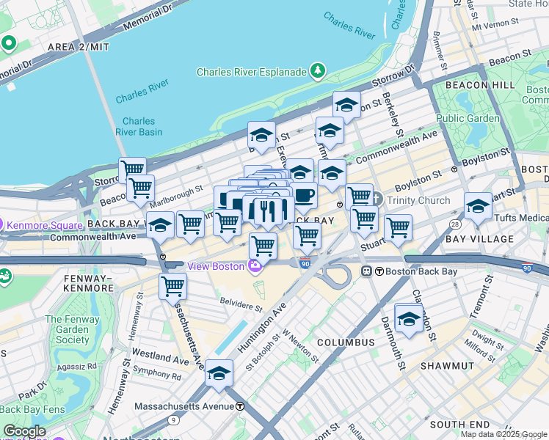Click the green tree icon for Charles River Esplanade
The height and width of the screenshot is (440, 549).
pos(318,70)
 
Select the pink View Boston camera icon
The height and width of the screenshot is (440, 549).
pos(255,266)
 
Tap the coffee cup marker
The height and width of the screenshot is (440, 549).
pos(303,196)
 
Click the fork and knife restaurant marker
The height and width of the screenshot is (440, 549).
pos(268,212)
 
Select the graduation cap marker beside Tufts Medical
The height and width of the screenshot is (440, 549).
pos(478,206)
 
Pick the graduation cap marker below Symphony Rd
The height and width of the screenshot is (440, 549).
pos(219,373)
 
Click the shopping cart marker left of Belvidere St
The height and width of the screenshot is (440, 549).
pos(172,286)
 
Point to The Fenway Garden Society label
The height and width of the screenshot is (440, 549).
pos(68,329)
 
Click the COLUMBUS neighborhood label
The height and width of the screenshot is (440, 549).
pos(346,342)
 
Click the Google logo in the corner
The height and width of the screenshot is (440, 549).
pos(24,431)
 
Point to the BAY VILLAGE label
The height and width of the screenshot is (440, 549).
pos(479,239)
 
